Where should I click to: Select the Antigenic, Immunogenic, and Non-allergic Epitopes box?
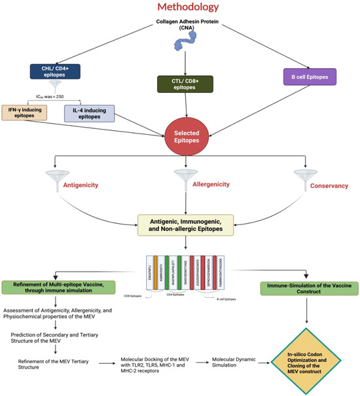click(185, 224)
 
